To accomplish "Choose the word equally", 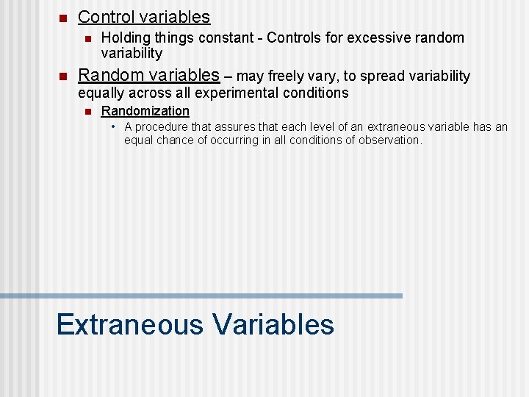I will pyautogui.click(x=102, y=93).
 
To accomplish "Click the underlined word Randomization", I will pyautogui.click(x=145, y=111).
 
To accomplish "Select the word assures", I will pyautogui.click(x=234, y=127).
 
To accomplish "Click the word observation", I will pyautogui.click(x=390, y=140).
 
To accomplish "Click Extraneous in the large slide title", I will pyautogui.click(x=129, y=324).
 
